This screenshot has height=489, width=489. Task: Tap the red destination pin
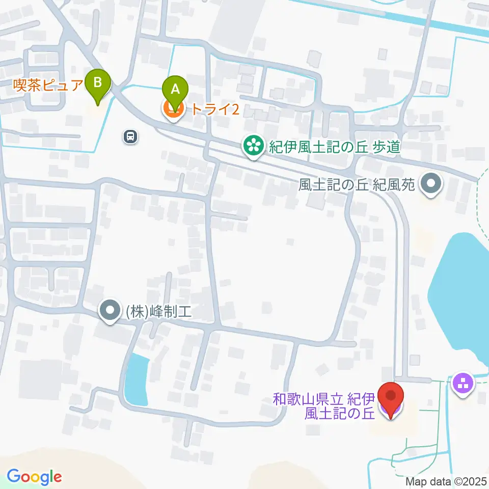click(391, 398)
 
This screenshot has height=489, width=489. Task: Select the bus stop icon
click(130, 136)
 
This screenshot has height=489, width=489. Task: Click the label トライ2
click(215, 108)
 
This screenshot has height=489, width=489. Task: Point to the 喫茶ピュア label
click(48, 84)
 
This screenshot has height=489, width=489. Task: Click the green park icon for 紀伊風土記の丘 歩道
click(252, 147)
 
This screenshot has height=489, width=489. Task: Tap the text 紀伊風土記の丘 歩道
click(334, 148)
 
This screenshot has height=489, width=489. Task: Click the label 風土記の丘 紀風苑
click(357, 185)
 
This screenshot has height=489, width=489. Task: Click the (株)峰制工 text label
click(158, 311)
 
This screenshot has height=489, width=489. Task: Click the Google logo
click(34, 477)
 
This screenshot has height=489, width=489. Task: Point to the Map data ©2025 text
click(447, 481)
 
